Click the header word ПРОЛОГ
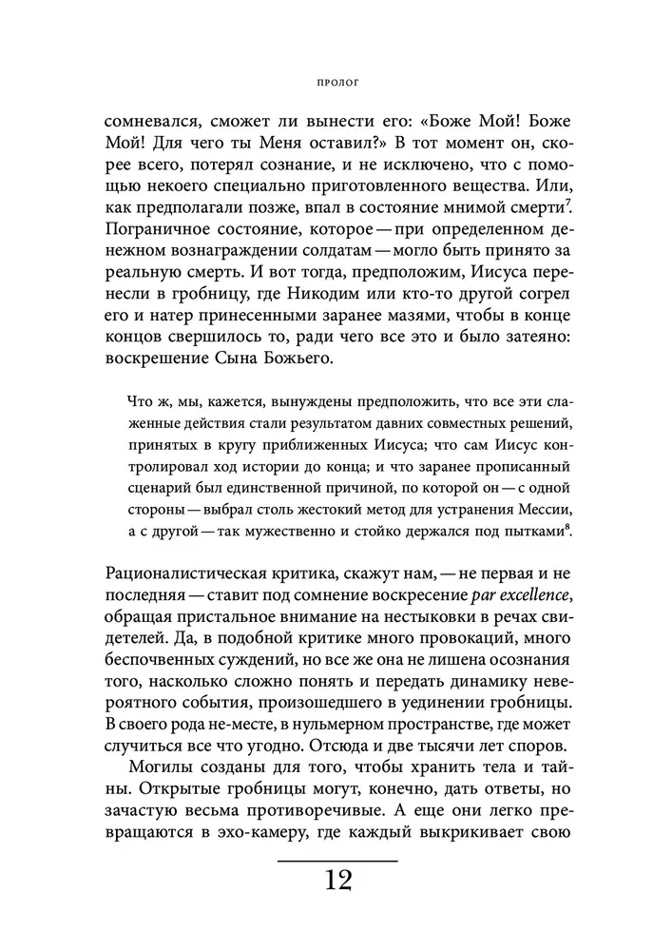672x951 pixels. click(x=336, y=83)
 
